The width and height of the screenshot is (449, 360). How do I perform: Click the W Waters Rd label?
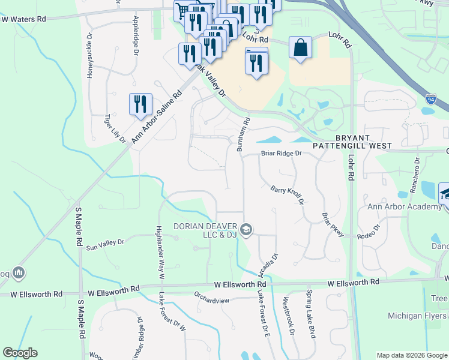click(23, 19)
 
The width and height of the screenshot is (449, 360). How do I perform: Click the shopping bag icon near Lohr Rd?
click(300, 49)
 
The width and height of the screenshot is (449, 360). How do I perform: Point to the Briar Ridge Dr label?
click(280, 154)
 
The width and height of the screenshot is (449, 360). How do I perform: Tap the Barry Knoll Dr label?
click(288, 194)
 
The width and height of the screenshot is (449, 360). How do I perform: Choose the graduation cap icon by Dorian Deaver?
click(246, 230)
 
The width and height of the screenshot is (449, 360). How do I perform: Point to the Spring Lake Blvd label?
click(310, 322)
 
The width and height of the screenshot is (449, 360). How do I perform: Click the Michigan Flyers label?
click(417, 316)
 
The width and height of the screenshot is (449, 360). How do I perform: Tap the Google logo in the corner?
click(20, 353)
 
